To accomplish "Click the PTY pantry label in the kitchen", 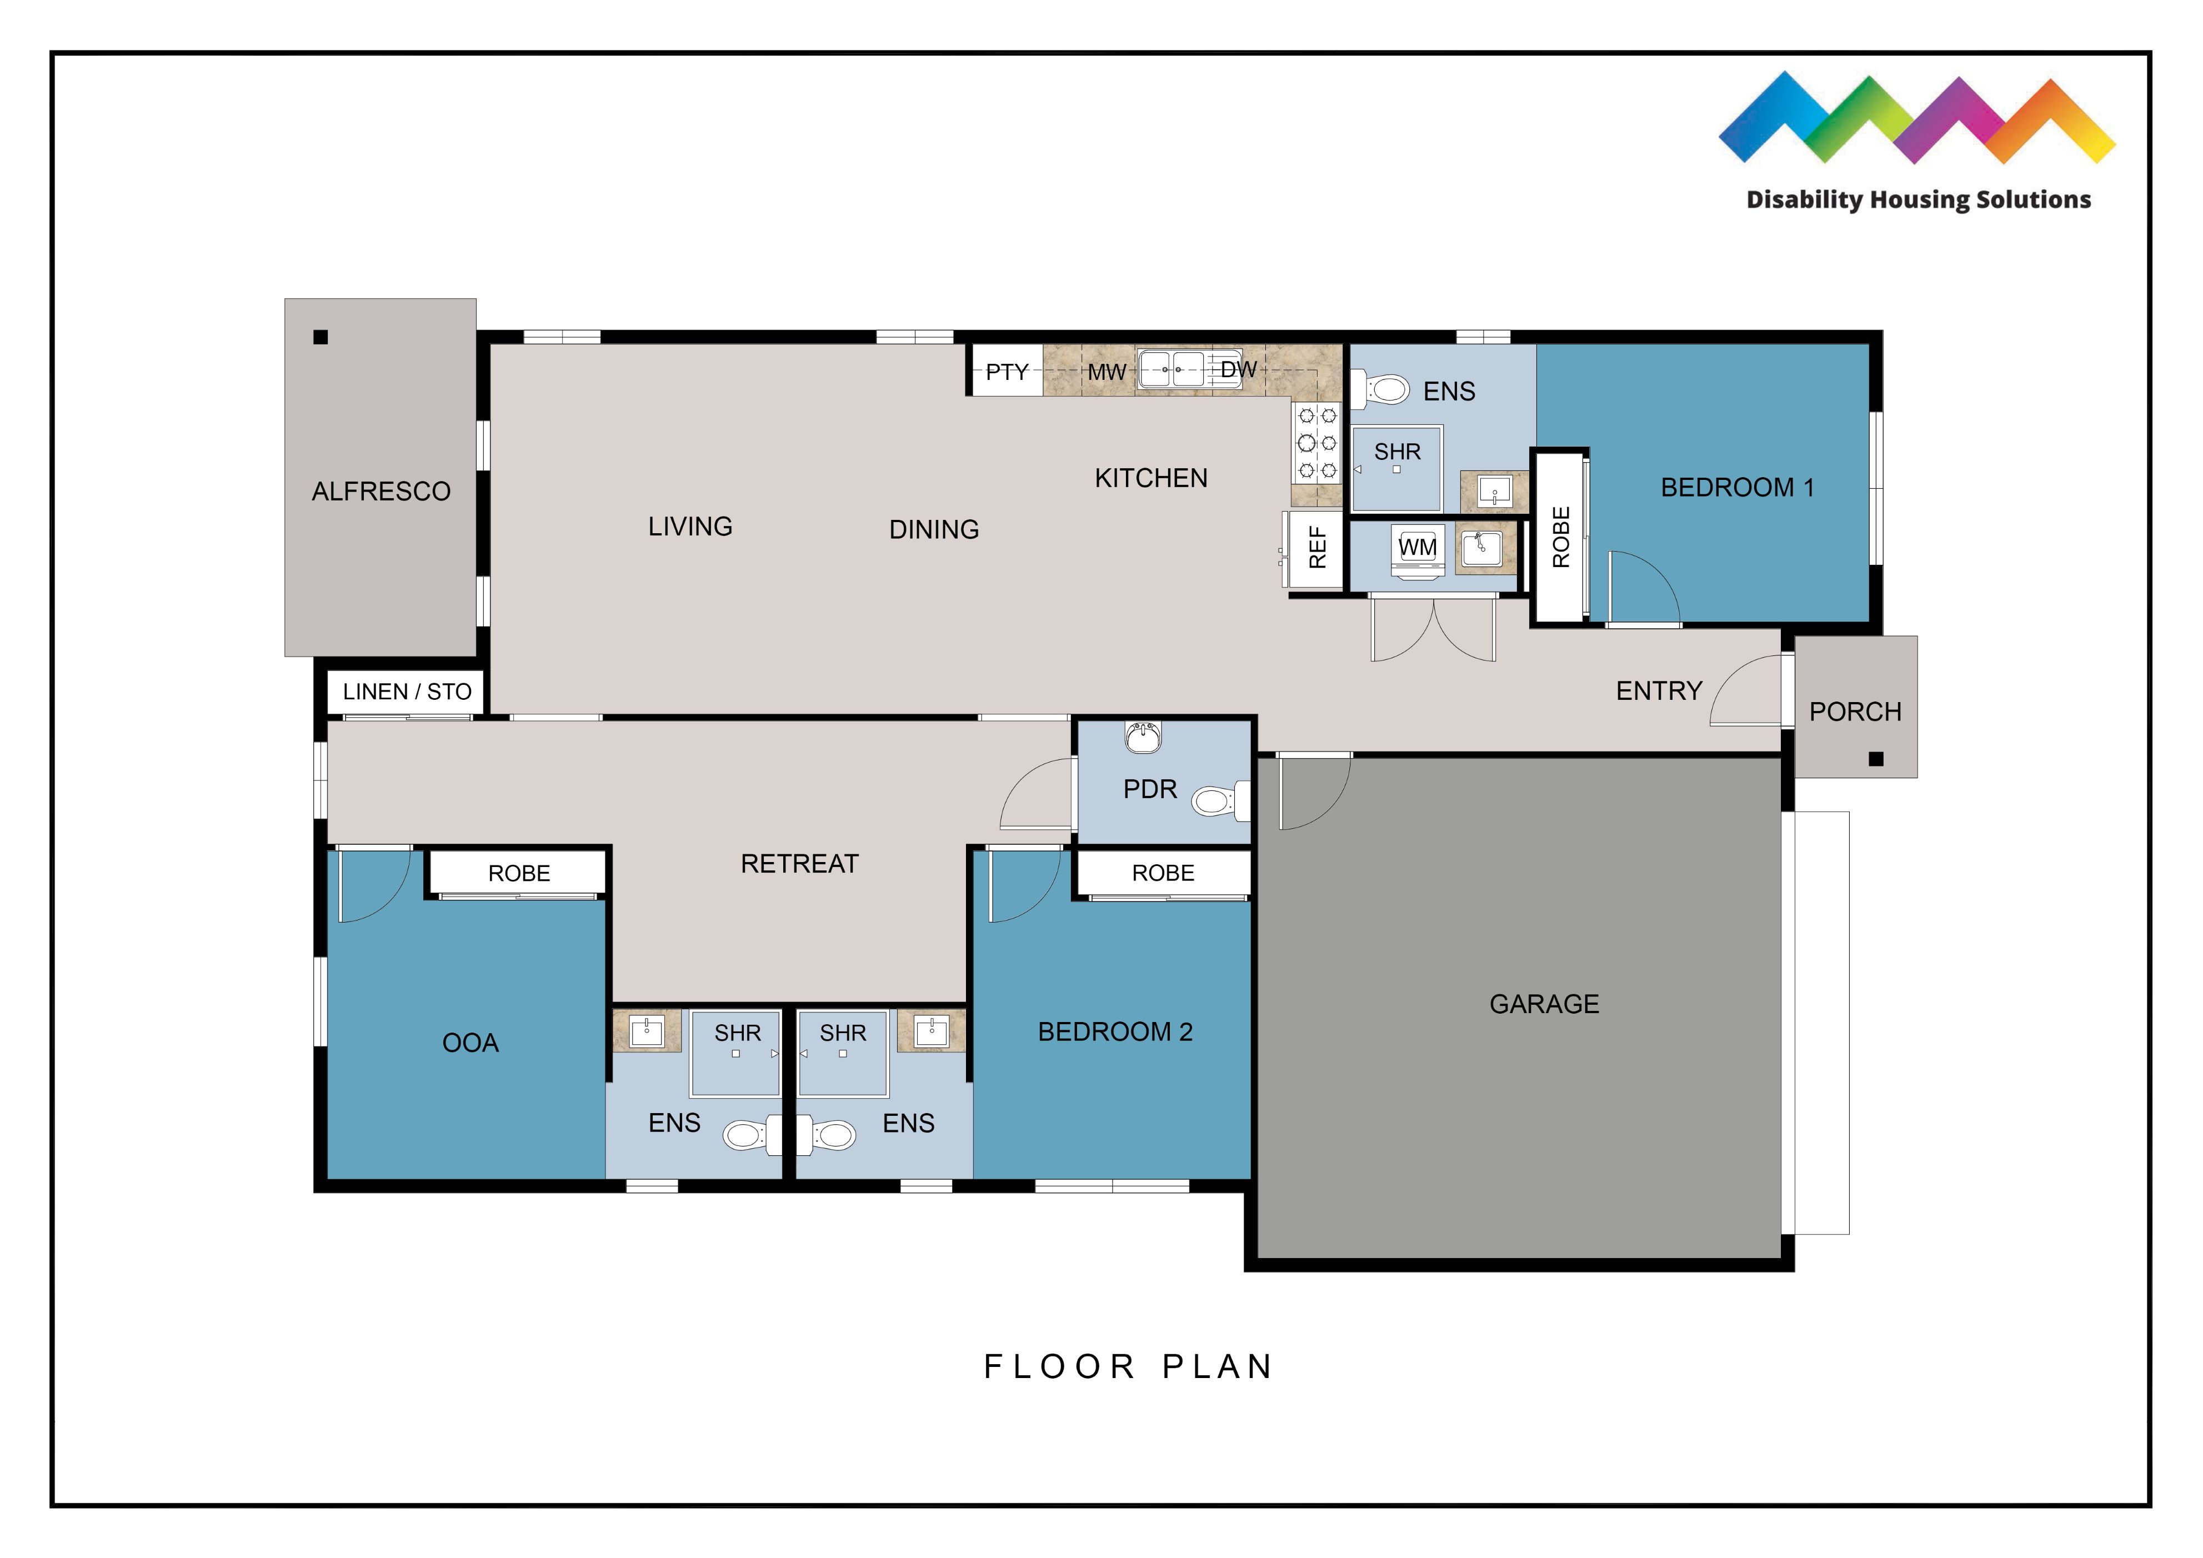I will tap(1007, 372).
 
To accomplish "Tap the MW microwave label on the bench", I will tap(1106, 372).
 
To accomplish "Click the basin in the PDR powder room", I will tap(1143, 737).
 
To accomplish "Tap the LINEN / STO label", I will tap(407, 692).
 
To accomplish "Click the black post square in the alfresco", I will tap(321, 337).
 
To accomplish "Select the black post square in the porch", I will tap(1876, 759).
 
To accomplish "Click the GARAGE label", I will tap(1544, 1004).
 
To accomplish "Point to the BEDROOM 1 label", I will tap(1737, 487).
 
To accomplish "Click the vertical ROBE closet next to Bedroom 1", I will tap(1560, 537).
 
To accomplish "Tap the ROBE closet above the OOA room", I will tap(519, 873).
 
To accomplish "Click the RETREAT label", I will tap(799, 863).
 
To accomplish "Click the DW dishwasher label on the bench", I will tap(1238, 369).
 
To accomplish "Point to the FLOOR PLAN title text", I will tap(1128, 1366).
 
